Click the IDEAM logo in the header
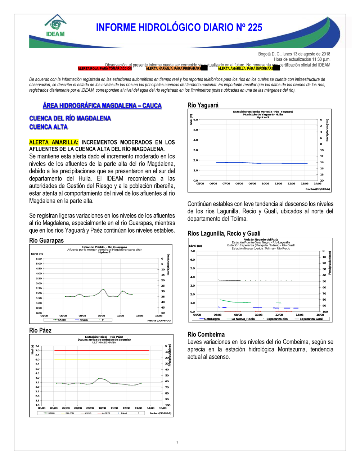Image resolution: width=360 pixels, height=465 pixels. click(x=55, y=26)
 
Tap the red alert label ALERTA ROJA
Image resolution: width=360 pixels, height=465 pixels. click(x=104, y=68)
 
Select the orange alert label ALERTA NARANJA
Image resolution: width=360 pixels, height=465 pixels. click(x=173, y=68)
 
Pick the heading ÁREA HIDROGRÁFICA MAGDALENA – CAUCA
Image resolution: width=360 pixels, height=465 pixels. click(x=102, y=105)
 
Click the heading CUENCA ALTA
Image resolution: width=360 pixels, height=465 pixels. click(x=48, y=127)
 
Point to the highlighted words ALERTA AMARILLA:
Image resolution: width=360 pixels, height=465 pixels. click(x=54, y=142)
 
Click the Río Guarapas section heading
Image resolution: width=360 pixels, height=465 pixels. click(x=46, y=241)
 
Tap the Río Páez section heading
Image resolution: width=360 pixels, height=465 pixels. click(x=40, y=330)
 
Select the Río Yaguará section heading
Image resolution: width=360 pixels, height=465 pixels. click(x=203, y=105)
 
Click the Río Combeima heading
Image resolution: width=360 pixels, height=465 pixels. click(x=206, y=334)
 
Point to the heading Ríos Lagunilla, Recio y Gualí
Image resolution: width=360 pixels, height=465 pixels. click(x=224, y=233)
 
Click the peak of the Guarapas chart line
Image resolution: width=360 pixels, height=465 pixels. click(x=103, y=289)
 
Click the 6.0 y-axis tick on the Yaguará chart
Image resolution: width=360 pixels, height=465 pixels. click(x=195, y=120)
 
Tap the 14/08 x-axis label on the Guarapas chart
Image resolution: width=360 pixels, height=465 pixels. click(x=140, y=316)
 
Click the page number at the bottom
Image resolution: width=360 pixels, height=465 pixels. click(x=177, y=442)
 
